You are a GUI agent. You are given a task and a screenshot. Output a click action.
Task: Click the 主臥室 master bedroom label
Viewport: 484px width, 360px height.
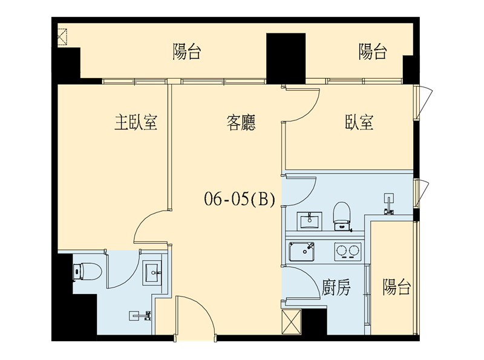tap(136, 122)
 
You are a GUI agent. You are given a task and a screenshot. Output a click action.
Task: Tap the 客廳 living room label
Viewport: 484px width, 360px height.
tap(241, 122)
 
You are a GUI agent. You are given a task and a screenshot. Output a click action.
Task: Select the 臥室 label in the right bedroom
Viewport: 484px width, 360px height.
tap(359, 122)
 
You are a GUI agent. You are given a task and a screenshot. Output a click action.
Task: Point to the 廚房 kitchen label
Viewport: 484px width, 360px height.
tap(336, 287)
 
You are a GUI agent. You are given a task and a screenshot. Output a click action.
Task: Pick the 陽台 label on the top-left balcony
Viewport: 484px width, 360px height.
tap(187, 51)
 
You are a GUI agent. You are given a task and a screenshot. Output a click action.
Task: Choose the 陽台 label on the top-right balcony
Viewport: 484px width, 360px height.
tap(373, 51)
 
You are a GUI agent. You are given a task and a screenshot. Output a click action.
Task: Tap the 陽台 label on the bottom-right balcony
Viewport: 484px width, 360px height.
tap(397, 287)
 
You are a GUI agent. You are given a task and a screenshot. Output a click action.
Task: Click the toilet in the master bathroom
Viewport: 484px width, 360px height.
tap(87, 272)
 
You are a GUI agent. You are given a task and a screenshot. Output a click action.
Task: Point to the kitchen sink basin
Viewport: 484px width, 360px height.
tap(301, 252)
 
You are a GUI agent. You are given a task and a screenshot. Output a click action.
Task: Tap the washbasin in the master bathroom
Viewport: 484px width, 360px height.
tap(152, 273)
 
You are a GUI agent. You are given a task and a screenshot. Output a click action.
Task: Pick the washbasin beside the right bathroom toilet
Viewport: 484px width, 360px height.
tap(309, 221)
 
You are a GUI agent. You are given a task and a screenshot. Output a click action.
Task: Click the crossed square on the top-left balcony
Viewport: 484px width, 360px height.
tap(62, 37)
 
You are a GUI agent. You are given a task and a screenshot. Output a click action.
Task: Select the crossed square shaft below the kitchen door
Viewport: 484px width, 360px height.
tap(292, 321)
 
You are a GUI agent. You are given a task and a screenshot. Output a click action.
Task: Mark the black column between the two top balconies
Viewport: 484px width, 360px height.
tap(286, 58)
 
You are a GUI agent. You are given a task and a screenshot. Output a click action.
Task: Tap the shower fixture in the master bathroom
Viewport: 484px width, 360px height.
tap(140, 316)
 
